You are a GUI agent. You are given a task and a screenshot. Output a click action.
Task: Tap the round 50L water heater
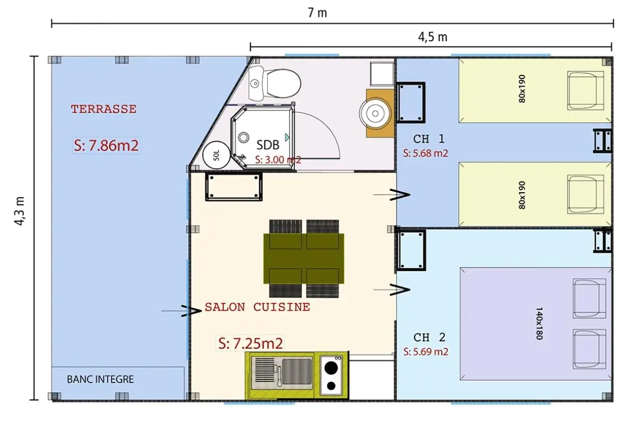[217, 155]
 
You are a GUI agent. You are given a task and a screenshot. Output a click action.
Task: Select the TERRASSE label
[104, 109]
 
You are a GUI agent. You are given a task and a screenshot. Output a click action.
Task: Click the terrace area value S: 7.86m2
[106, 145]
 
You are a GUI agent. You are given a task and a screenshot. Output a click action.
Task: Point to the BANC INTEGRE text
[100, 379]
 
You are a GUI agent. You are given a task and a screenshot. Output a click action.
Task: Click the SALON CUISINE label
[257, 307]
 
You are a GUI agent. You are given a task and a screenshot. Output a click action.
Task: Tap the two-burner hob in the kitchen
[331, 375]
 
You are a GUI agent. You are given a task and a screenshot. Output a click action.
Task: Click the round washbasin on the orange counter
[375, 114]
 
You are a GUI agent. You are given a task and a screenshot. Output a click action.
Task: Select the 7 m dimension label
[317, 13]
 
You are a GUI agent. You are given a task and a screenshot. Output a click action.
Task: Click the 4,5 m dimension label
[433, 37]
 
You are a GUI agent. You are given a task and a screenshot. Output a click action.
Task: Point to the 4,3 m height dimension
[19, 210]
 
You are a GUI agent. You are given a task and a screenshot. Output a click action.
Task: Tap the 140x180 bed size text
[539, 323]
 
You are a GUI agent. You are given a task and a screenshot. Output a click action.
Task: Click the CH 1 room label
[429, 139]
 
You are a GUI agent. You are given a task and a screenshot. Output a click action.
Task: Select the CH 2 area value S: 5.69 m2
[426, 352]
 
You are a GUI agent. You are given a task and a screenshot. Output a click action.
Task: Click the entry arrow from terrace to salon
[181, 310]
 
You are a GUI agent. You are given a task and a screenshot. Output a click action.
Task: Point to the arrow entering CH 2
[392, 289]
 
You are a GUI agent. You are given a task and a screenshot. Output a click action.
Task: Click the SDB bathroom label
[268, 145]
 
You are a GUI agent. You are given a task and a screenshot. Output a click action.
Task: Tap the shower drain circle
[244, 138]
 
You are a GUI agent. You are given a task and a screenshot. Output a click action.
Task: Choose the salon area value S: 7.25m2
[251, 344]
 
